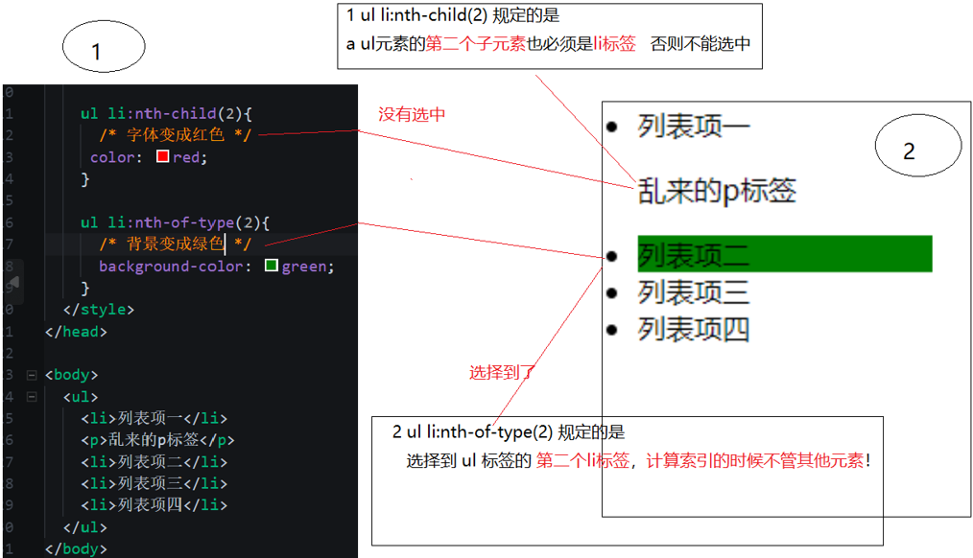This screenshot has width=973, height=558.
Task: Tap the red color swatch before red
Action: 162,156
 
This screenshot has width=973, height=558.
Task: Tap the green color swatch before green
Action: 271,266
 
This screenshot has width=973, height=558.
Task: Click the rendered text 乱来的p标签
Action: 717,191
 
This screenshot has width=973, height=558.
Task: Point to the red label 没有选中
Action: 412,115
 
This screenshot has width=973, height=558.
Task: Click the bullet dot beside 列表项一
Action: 611,126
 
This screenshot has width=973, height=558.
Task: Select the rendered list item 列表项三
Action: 694,292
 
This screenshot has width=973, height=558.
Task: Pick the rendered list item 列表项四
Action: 694,330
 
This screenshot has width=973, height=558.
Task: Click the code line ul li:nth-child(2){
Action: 165,113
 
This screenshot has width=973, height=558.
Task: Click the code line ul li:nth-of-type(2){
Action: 175,222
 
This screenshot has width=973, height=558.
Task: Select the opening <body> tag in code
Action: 71,375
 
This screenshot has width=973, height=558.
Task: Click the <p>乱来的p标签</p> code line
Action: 157,440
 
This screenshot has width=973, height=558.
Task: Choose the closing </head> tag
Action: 76,332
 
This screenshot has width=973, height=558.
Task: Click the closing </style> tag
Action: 98,310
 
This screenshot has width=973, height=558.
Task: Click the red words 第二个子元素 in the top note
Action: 475,44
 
